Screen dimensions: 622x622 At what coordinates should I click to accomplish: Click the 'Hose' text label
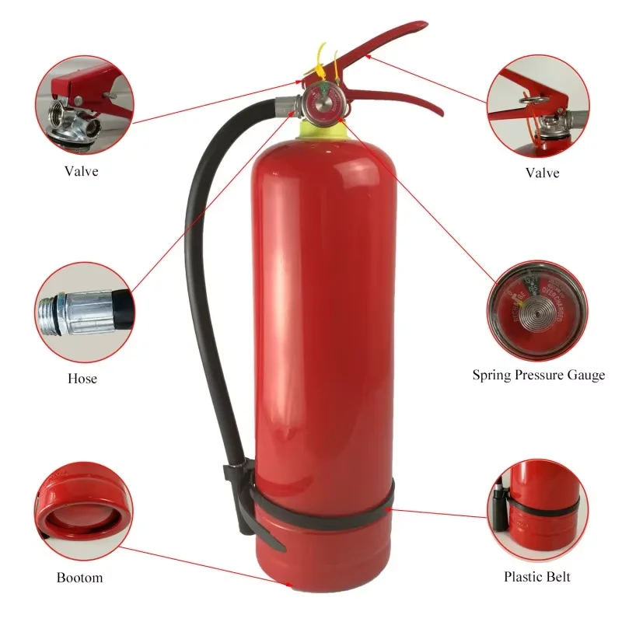pyautogui.click(x=82, y=379)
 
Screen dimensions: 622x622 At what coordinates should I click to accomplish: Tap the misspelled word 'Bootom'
pyautogui.click(x=79, y=578)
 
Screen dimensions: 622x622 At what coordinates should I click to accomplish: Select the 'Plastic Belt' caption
pyautogui.click(x=536, y=576)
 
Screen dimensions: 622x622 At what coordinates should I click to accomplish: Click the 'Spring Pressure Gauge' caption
pyautogui.click(x=538, y=375)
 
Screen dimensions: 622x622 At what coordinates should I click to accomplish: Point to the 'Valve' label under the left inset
pyautogui.click(x=82, y=171)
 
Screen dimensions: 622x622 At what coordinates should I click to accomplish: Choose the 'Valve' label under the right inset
pyautogui.click(x=542, y=173)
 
